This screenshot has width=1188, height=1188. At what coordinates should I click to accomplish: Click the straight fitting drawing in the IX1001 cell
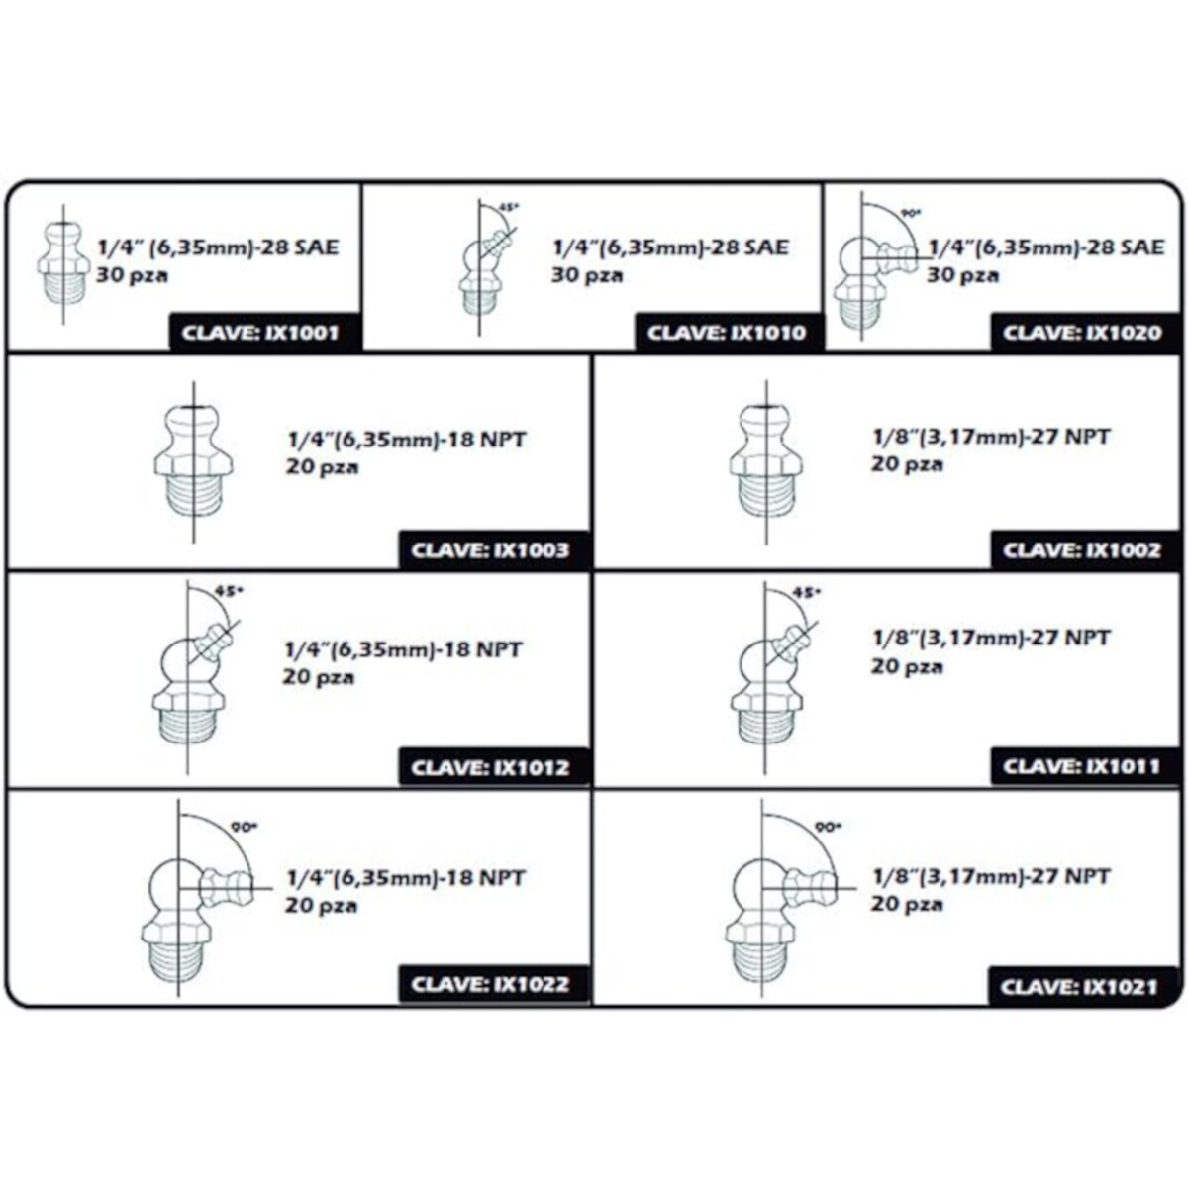click(x=63, y=264)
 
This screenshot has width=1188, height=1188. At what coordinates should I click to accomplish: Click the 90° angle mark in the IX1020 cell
click(x=911, y=213)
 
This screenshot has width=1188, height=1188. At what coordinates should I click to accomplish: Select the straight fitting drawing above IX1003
click(x=194, y=461)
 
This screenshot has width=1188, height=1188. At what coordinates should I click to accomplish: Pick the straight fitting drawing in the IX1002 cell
click(x=766, y=461)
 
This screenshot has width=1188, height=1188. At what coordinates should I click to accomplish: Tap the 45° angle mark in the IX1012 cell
click(x=230, y=590)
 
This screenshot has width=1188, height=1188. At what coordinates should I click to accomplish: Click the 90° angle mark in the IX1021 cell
click(x=828, y=827)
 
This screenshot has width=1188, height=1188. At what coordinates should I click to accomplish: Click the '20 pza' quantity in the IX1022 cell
click(x=321, y=906)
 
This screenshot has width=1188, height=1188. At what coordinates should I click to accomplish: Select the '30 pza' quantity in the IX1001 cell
click(x=132, y=275)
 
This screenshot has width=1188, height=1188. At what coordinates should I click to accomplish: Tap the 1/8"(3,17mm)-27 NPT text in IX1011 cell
click(x=991, y=637)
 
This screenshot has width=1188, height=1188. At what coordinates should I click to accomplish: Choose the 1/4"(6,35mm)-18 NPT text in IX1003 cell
click(x=407, y=440)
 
